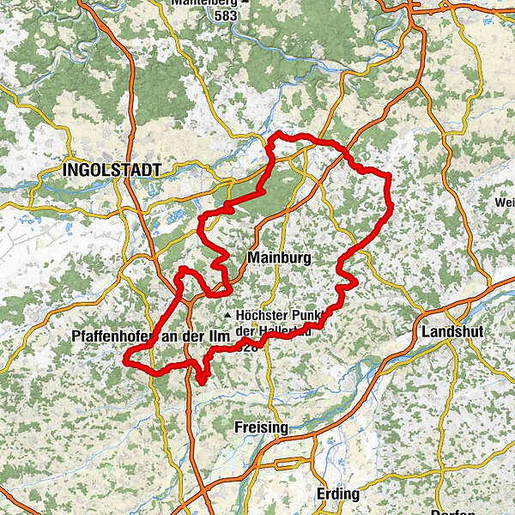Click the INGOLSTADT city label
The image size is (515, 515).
tap(112, 171)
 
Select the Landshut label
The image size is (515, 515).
tap(452, 332)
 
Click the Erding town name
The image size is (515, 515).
tap(338, 494)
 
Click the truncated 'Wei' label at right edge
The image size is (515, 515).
tap(504, 203)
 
